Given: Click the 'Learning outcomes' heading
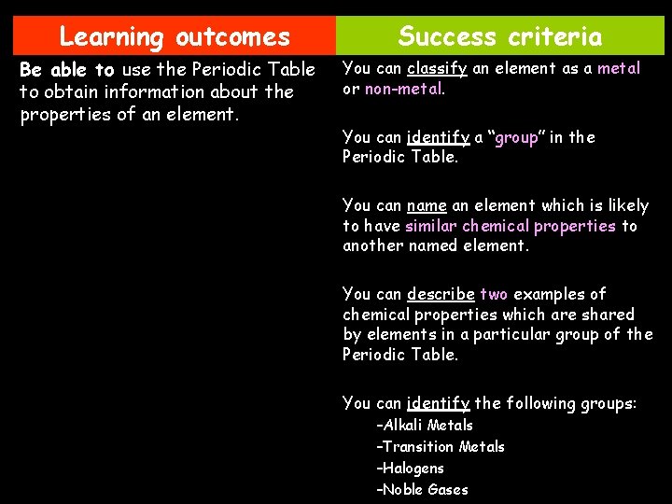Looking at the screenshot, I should coord(175,37).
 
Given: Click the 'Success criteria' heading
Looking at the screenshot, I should coord(500,37).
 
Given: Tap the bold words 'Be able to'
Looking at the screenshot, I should coord(66,71).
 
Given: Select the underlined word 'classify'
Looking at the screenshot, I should coord(436,68).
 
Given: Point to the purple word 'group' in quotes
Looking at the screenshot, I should coord(517,137).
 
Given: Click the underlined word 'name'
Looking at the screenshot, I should coord(427,205).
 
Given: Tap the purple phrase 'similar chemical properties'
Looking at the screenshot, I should coord(511,226).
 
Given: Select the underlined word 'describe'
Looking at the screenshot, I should coord(441,294).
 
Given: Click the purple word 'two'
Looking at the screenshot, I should coord(494,294).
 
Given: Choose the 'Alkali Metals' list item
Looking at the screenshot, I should coord(425,426).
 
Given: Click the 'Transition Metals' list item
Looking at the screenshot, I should coord(441,447).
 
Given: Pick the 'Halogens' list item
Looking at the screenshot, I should coord(411,469).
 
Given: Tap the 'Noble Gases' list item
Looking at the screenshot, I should coord(423,490).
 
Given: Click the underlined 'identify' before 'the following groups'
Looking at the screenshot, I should coord(438,403).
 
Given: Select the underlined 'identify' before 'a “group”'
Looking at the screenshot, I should coord(438,137).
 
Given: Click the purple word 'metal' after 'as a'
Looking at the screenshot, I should coord(619,68).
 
